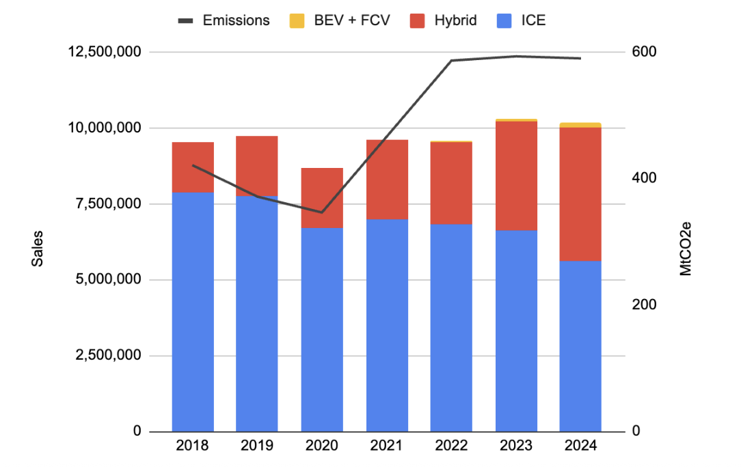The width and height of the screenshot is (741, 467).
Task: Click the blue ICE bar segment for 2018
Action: [193, 311]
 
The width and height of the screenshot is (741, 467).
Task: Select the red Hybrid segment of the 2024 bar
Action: [580, 194]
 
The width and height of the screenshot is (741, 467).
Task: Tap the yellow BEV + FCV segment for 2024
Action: [580, 125]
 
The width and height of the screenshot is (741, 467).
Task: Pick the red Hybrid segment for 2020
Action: [322, 197]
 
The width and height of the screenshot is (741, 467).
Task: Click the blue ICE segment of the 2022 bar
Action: [451, 328]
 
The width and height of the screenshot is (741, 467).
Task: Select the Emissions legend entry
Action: [224, 20]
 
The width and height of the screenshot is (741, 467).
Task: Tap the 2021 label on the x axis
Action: [386, 446]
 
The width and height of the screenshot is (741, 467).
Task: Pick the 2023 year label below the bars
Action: [515, 446]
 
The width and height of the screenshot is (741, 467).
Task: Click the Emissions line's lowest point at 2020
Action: [322, 212]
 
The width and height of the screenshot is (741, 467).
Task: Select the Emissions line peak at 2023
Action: [516, 56]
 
